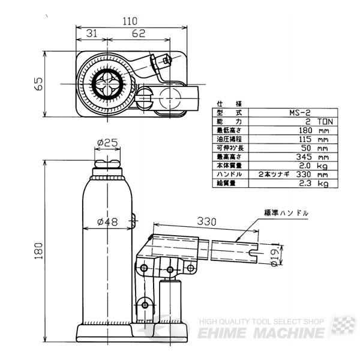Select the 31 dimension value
92,34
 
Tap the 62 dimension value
138,34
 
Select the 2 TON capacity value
309,120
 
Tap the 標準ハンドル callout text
286,213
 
